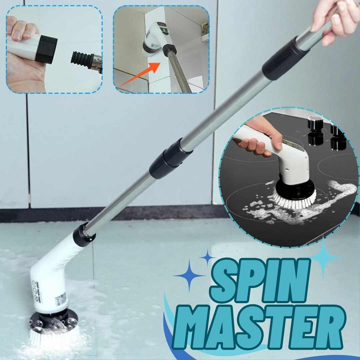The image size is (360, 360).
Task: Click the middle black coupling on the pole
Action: (170, 158)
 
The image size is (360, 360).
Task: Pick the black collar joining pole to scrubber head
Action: (83, 235)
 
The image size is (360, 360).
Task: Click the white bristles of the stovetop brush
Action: (293, 202)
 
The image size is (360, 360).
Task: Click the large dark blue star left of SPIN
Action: (189, 275)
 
